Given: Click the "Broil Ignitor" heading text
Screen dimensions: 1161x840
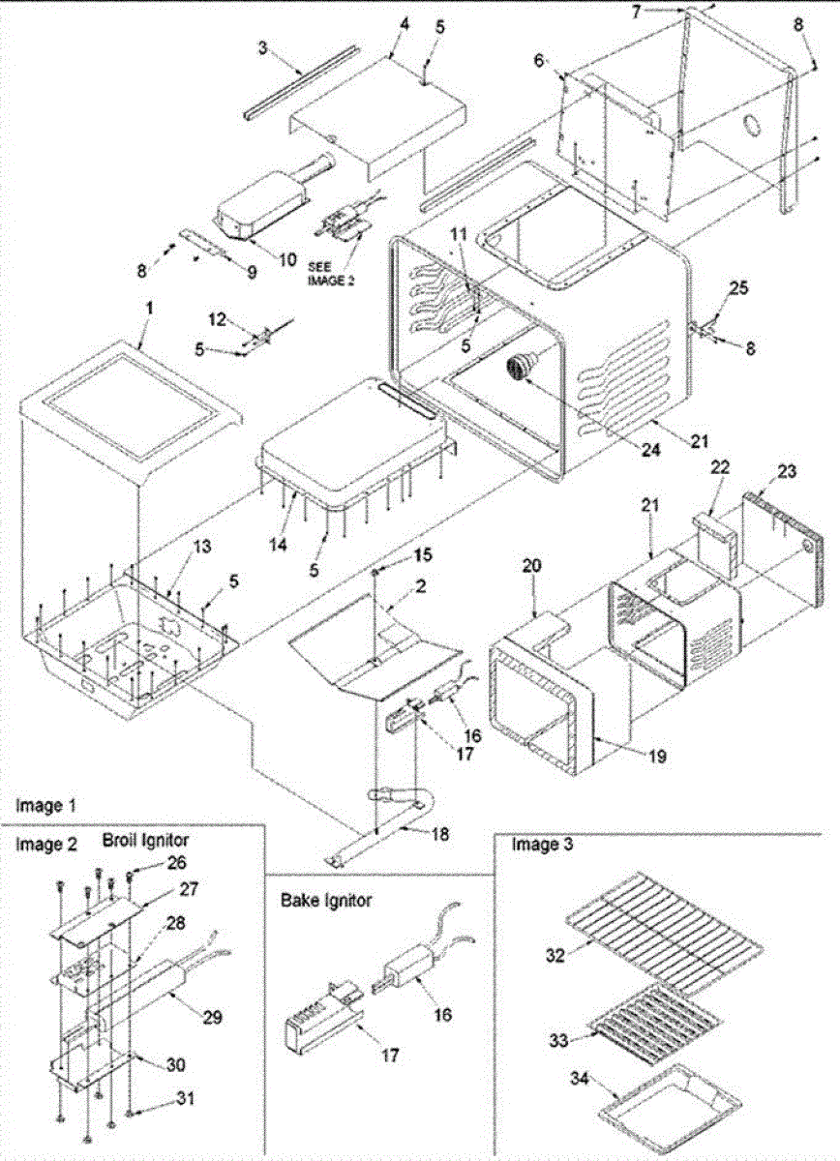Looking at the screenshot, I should [145, 841].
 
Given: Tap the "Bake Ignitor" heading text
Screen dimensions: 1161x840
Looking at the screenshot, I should [326, 901].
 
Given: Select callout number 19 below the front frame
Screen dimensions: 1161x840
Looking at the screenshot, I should [657, 758].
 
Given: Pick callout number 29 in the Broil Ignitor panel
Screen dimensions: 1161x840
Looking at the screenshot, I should [212, 1017].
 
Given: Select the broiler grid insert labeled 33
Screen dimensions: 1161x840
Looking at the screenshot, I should [658, 1026].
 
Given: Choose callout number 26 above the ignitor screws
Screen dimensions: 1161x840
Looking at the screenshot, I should [149, 860].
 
